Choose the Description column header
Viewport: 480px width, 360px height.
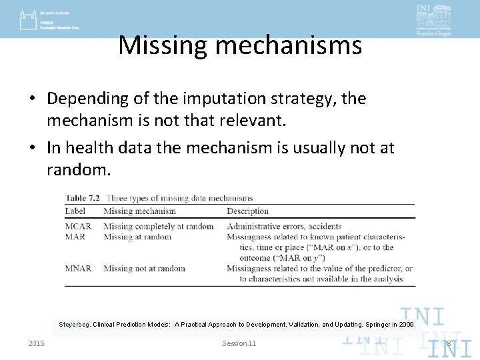coord(247,211)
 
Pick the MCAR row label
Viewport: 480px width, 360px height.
coord(78,226)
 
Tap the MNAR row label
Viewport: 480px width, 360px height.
coord(78,269)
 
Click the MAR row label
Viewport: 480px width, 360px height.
coord(75,237)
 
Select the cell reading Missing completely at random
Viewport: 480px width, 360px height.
coord(158,226)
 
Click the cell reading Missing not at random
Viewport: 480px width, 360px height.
coord(144,269)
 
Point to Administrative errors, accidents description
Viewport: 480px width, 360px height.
coord(284,226)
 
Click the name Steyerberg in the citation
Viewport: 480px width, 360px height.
coord(73,325)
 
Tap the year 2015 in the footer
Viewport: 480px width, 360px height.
coord(36,343)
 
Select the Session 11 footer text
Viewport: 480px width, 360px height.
coord(239,343)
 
